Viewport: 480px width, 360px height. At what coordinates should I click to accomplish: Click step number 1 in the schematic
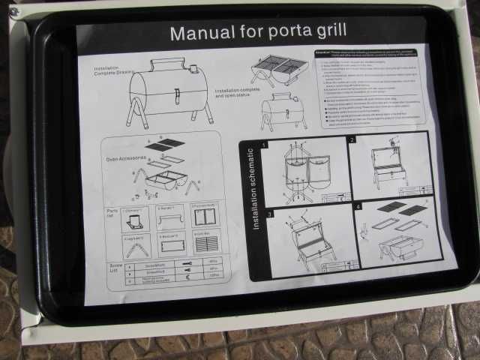(x=264, y=144)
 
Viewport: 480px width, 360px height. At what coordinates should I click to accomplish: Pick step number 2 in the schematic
(x=352, y=140)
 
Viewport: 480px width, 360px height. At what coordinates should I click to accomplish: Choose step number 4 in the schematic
(x=358, y=206)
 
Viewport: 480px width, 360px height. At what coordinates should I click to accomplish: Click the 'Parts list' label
(x=111, y=215)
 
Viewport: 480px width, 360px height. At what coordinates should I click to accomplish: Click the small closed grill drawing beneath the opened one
(x=282, y=111)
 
